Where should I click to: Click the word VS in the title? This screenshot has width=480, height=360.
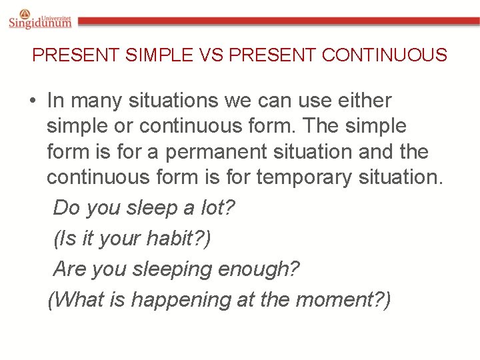(211, 55)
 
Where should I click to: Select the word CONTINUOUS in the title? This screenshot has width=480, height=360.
(384, 55)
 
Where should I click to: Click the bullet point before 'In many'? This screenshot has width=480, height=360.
(32, 101)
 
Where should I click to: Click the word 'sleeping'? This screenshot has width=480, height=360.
(171, 269)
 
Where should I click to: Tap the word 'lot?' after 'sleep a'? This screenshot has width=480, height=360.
(218, 207)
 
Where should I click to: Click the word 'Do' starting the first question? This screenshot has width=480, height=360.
(65, 207)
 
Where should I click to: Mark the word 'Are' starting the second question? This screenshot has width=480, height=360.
(69, 269)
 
